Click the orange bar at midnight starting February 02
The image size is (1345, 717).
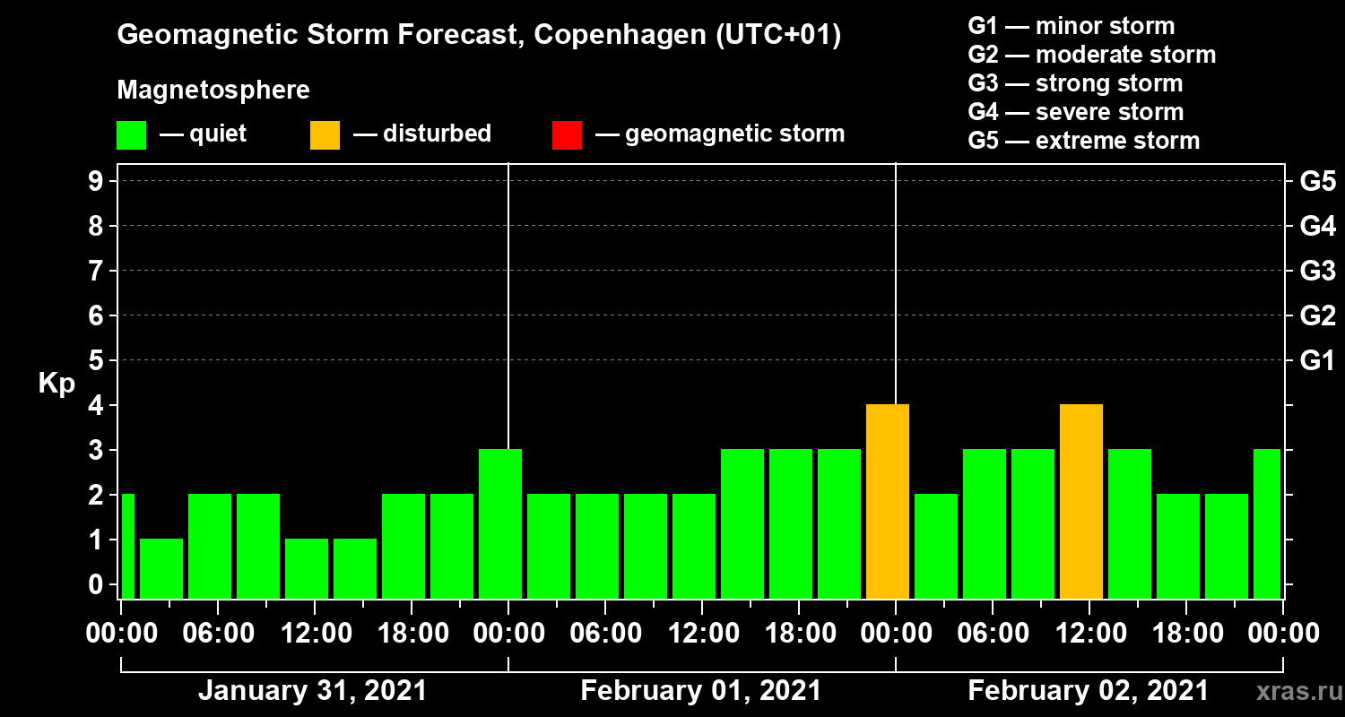pyautogui.click(x=888, y=502)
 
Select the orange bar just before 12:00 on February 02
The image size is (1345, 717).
pyautogui.click(x=1081, y=502)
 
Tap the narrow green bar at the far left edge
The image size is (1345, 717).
pyautogui.click(x=127, y=546)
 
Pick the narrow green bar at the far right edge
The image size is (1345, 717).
pyautogui.click(x=1267, y=523)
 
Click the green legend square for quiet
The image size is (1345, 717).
pyautogui.click(x=131, y=135)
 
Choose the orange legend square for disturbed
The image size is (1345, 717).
pyautogui.click(x=325, y=135)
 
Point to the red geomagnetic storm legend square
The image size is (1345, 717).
pyautogui.click(x=567, y=135)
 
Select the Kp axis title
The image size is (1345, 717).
pyautogui.click(x=56, y=384)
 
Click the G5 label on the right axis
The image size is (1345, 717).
pyautogui.click(x=1317, y=182)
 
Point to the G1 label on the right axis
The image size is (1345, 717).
pyautogui.click(x=1317, y=361)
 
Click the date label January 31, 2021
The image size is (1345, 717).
pyautogui.click(x=312, y=691)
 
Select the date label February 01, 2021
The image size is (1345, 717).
pyautogui.click(x=700, y=691)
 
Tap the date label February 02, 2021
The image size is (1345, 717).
pyautogui.click(x=1088, y=691)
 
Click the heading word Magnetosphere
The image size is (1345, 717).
pyautogui.click(x=213, y=91)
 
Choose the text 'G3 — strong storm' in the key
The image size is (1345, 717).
pyautogui.click(x=1075, y=83)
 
